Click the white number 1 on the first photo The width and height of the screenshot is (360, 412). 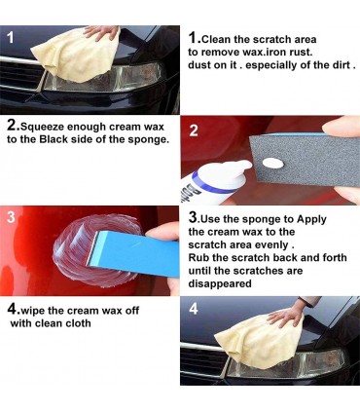point(11,38)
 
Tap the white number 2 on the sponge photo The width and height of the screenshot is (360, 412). point(194,131)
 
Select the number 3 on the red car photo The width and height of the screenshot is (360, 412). point(11,217)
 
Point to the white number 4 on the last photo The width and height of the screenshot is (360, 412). point(194,309)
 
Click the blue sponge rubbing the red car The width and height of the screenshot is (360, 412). point(134,250)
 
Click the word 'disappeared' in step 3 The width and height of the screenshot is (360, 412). point(220,283)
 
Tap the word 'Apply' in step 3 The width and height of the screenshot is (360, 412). point(311,220)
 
